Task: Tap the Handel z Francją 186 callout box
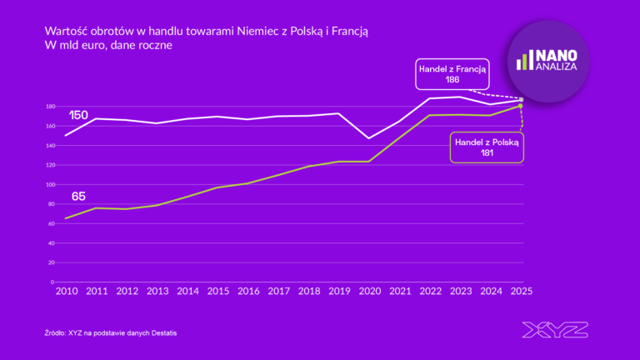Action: [452, 74]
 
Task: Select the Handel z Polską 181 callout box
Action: [487, 147]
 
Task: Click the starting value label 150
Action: [79, 114]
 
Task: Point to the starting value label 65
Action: [78, 197]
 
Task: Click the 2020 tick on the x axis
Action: [368, 292]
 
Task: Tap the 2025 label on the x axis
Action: [521, 292]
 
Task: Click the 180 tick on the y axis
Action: [51, 107]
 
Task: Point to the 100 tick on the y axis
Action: [51, 184]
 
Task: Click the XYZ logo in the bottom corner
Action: [554, 330]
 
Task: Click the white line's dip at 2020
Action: [368, 138]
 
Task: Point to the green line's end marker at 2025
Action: [521, 106]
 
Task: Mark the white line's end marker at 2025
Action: [521, 100]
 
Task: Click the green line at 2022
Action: [429, 115]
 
